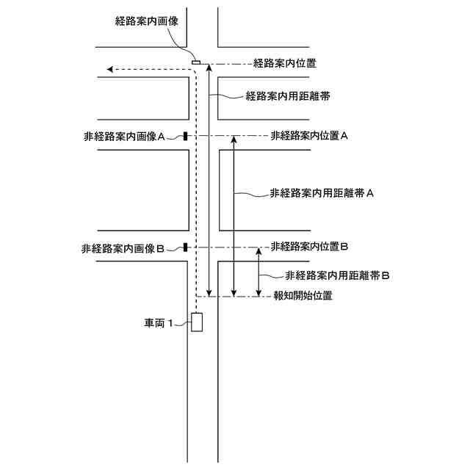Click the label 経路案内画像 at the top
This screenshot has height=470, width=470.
coord(148,22)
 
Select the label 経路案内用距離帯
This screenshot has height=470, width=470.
coord(287,96)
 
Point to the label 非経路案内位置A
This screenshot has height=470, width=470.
coord(309,136)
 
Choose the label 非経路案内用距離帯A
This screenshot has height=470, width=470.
coord(323,194)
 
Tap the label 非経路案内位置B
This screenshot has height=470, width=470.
coord(309,246)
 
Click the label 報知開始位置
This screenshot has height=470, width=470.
coord(303,297)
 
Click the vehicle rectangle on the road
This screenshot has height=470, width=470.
coord(197,322)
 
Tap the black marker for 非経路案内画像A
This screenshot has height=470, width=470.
coord(185,137)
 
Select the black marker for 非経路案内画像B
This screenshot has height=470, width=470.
coord(185,247)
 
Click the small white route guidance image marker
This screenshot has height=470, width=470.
coord(196,62)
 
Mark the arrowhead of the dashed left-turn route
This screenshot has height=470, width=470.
coord(110,70)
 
